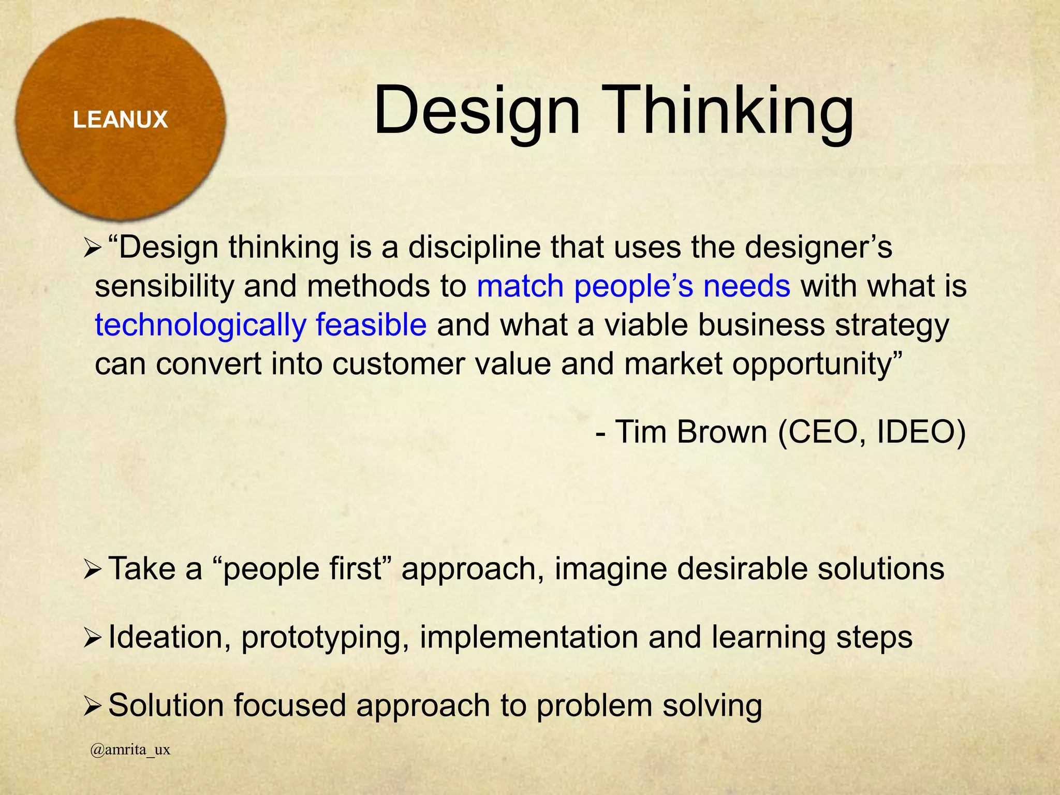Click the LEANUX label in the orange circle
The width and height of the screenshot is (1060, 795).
point(120,120)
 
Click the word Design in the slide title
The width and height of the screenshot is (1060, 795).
point(477,112)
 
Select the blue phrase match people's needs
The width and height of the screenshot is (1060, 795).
point(633,286)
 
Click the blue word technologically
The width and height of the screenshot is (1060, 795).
point(201,326)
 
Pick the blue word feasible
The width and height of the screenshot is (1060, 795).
point(371,325)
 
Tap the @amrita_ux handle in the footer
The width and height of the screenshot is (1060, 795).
point(130,750)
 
